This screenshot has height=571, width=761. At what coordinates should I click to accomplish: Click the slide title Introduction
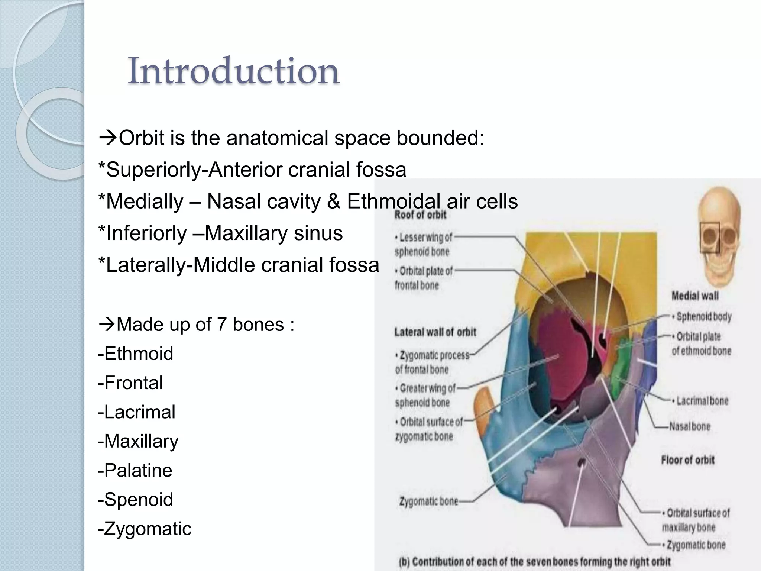point(233,71)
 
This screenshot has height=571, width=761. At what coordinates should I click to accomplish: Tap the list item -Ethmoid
point(136,353)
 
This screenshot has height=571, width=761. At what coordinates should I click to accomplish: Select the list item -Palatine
point(135,470)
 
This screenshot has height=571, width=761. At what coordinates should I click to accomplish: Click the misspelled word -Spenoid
point(136,499)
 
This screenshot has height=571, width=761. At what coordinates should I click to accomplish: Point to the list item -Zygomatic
point(145,529)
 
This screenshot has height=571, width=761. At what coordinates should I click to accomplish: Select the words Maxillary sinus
point(274,233)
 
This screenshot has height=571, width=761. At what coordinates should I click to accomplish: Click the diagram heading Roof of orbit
point(420,215)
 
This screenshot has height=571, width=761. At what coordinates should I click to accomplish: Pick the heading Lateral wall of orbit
point(435,332)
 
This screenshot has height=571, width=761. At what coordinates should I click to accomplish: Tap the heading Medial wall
point(695,296)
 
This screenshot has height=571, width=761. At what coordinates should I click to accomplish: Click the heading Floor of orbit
point(688,460)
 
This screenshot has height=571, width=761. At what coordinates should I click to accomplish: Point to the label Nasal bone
point(690,426)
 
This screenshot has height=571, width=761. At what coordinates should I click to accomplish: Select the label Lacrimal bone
point(702,401)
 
